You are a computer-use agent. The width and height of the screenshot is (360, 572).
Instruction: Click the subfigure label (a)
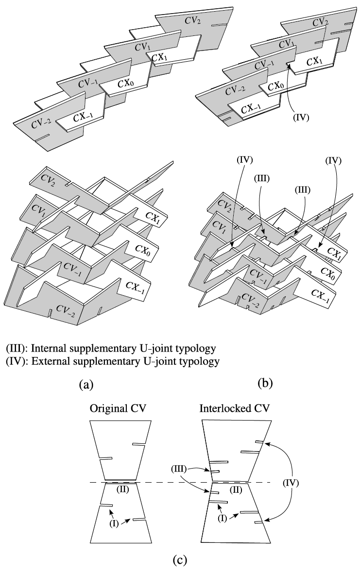tap(86, 385)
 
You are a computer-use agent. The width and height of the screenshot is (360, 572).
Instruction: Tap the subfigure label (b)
tap(265, 384)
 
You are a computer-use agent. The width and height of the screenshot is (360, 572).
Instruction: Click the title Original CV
tap(118, 408)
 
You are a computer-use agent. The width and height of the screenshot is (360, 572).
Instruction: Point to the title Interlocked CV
tap(234, 408)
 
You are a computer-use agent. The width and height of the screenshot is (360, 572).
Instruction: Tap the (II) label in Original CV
tap(123, 489)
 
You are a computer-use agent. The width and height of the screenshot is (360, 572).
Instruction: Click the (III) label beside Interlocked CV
tap(178, 469)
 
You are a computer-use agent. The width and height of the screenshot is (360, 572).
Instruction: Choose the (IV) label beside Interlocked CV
tap(291, 483)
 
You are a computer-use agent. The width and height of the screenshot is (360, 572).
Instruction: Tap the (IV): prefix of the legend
tap(17, 361)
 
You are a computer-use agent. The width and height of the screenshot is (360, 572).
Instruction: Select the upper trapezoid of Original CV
tap(121, 451)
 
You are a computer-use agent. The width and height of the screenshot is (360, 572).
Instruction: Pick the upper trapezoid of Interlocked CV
tap(236, 451)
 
